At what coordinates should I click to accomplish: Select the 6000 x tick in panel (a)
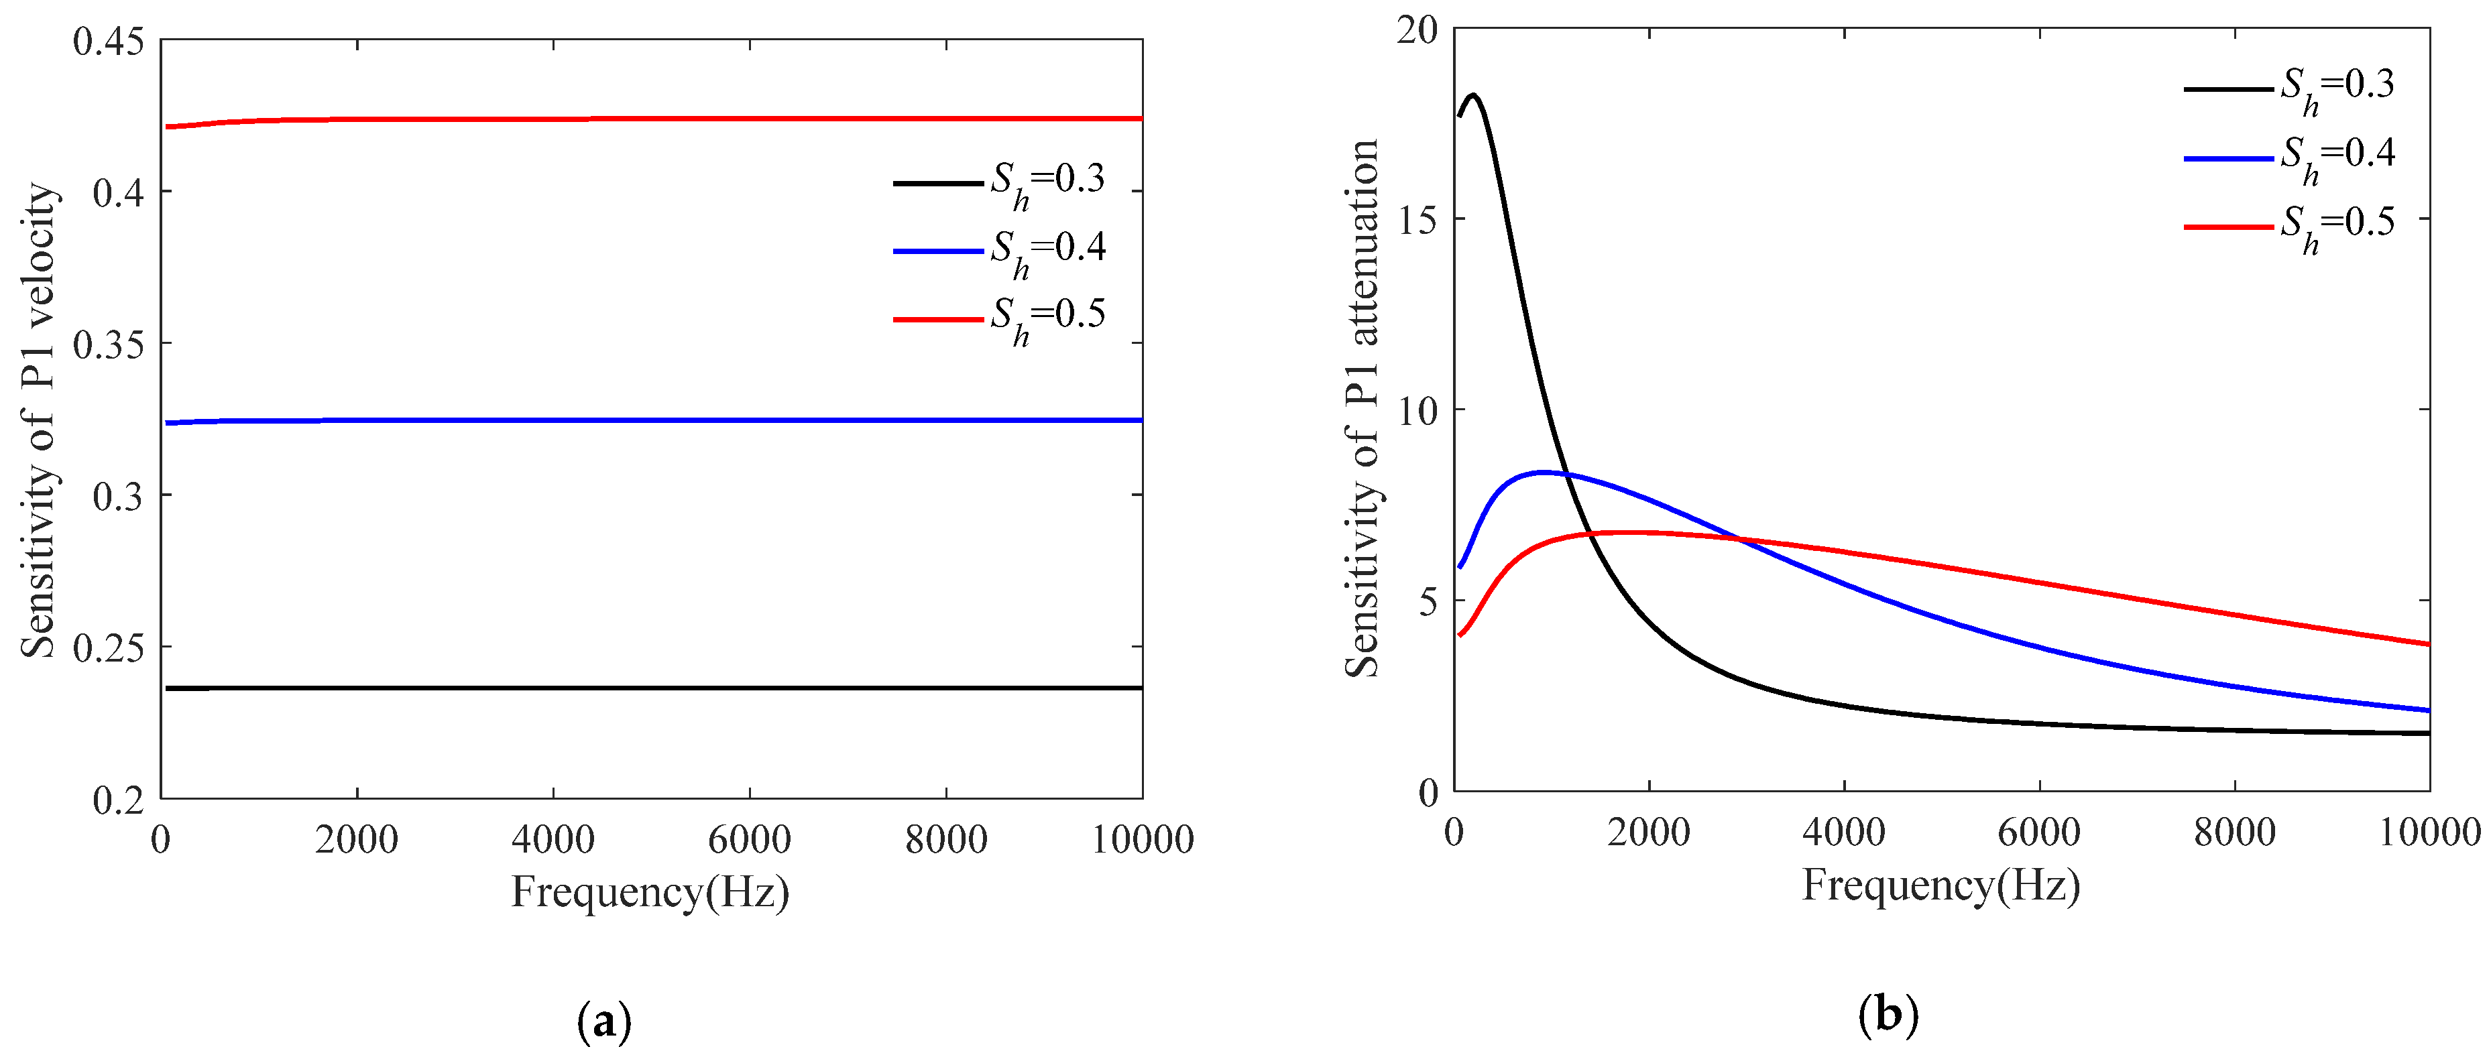click(x=750, y=839)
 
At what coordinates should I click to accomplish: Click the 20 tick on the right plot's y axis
click(x=1417, y=30)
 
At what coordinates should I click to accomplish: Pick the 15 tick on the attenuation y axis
click(x=1417, y=219)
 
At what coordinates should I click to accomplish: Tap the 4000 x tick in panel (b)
click(x=1843, y=832)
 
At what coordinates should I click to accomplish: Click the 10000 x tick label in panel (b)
click(x=2428, y=832)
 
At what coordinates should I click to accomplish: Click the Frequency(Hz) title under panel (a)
click(x=650, y=891)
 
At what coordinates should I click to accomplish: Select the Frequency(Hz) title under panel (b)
click(x=1940, y=885)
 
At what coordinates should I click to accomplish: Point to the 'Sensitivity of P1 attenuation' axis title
click(x=1363, y=408)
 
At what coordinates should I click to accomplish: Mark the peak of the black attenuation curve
click(x=1474, y=95)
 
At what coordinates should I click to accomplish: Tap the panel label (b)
click(x=1888, y=1014)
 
